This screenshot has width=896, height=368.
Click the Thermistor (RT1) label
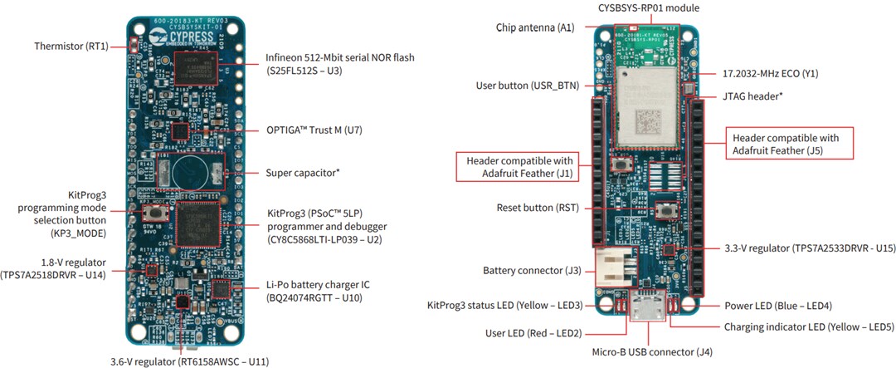click(72, 46)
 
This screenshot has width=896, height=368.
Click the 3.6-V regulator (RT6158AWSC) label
click(189, 361)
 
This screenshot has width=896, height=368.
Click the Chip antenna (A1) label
click(530, 27)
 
